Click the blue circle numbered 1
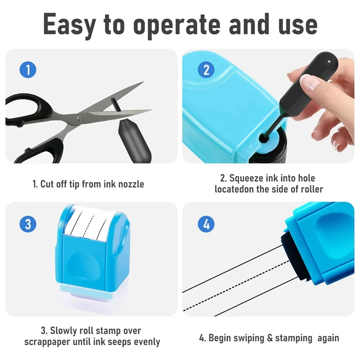click(x=28, y=70)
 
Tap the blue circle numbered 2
click(x=207, y=70)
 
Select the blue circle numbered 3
click(x=28, y=224)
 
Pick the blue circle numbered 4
click(x=207, y=224)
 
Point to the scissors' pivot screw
click(x=79, y=118)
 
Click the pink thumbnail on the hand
click(x=310, y=82)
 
